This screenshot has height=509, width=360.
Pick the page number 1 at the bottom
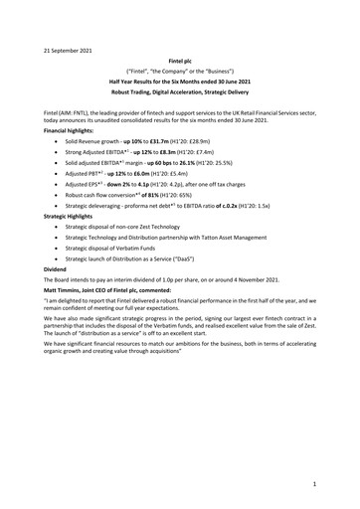312,485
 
